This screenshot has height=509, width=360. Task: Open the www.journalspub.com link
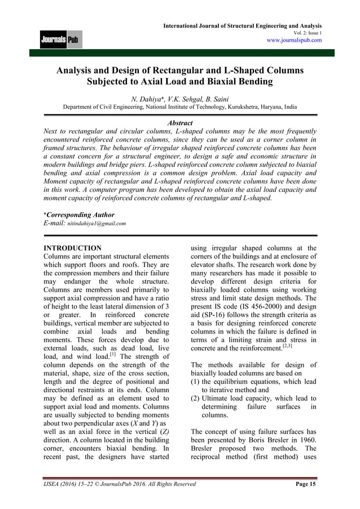point(294,41)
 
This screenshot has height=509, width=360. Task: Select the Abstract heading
point(180,123)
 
